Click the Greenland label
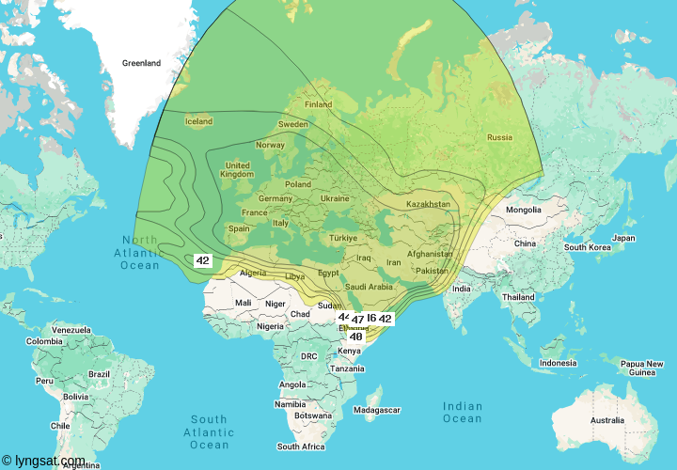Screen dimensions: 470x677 [141, 63]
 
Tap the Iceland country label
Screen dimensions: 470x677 [198, 121]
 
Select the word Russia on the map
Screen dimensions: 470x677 [499, 137]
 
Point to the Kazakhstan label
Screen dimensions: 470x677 [428, 204]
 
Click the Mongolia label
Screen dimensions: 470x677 [523, 210]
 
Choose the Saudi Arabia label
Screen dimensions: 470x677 [368, 287]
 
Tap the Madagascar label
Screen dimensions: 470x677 [377, 410]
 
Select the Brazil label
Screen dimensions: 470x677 [99, 374]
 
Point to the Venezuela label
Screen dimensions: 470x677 [71, 330]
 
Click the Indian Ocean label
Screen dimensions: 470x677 [462, 413]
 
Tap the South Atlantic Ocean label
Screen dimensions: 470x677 [209, 431]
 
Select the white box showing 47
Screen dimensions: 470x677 [358, 321]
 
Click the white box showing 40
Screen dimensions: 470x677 [356, 336]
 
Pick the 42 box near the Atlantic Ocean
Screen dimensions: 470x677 [202, 260]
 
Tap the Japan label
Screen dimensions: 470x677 [623, 238]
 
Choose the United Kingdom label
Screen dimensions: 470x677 [237, 170]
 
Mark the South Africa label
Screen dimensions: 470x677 [301, 446]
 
